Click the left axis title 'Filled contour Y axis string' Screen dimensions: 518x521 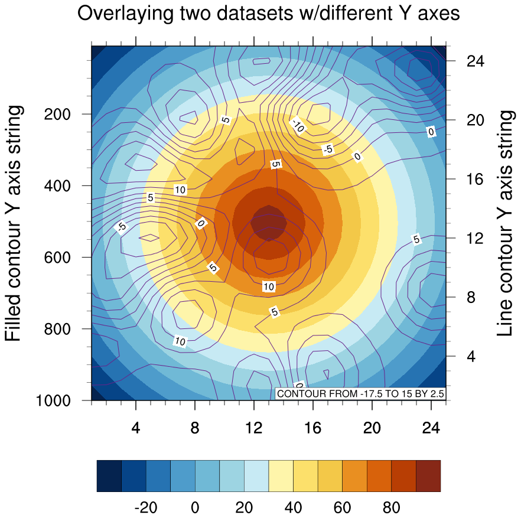tap(14, 223)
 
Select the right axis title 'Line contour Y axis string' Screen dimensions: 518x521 tap(505, 223)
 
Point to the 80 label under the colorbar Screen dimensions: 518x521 tap(392, 507)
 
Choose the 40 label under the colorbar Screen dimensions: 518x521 tap(293, 507)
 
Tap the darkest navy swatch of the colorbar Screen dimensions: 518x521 tap(109, 475)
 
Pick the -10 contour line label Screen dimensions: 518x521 tap(298, 126)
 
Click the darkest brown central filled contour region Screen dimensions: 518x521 tap(269, 223)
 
